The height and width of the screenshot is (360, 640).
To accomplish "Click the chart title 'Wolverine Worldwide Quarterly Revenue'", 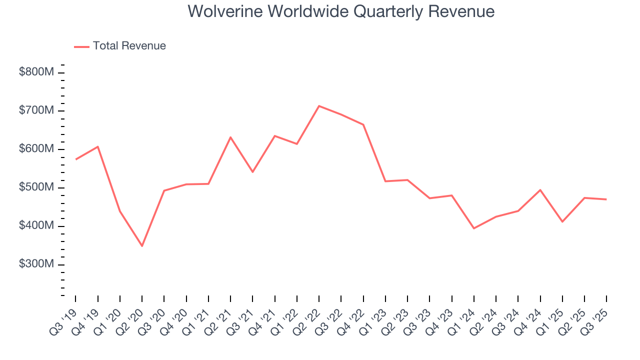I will pyautogui.click(x=341, y=11).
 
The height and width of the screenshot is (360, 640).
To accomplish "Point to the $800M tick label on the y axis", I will pyautogui.click(x=36, y=72).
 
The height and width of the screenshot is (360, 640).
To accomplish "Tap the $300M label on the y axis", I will pyautogui.click(x=36, y=264).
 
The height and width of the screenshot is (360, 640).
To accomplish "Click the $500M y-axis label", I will pyautogui.click(x=36, y=187).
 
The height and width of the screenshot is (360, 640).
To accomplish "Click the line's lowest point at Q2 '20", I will pyautogui.click(x=142, y=246).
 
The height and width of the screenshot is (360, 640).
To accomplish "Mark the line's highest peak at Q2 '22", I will pyautogui.click(x=319, y=106).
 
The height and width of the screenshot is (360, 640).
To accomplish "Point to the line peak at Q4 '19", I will pyautogui.click(x=98, y=146).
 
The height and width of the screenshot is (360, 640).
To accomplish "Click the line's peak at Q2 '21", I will pyautogui.click(x=230, y=137).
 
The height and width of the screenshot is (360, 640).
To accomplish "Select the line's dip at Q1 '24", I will pyautogui.click(x=473, y=228).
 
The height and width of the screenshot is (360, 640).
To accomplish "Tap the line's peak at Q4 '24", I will pyautogui.click(x=540, y=190).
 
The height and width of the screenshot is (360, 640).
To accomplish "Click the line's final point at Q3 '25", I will pyautogui.click(x=606, y=199).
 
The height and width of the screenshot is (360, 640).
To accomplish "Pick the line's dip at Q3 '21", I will pyautogui.click(x=252, y=172).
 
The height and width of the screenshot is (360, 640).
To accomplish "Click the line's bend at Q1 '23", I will pyautogui.click(x=385, y=181).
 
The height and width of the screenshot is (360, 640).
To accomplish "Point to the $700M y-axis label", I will pyautogui.click(x=36, y=110).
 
